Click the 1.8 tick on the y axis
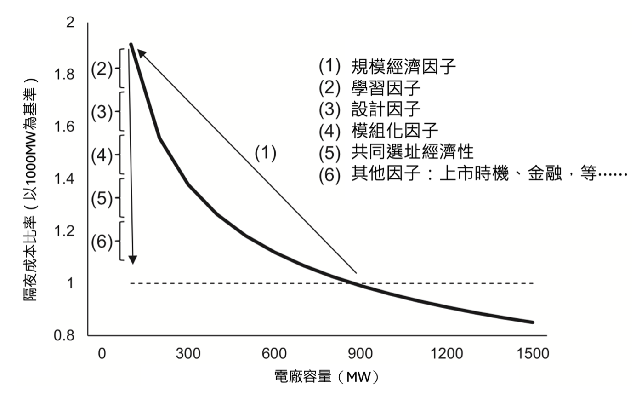pos(64,74)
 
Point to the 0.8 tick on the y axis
pos(64,335)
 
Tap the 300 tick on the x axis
pos(188,353)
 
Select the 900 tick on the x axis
pos(360,353)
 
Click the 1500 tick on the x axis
pos(533,353)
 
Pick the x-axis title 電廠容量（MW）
pos(326,377)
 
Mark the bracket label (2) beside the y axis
pos(102,69)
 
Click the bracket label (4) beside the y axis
pos(102,155)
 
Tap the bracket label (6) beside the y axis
pos(102,242)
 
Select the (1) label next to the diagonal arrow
pos(266,153)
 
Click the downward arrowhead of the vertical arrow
pos(132,260)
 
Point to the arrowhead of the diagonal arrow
pos(140,52)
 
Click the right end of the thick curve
pos(533,322)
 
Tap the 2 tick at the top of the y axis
pos(70,22)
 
